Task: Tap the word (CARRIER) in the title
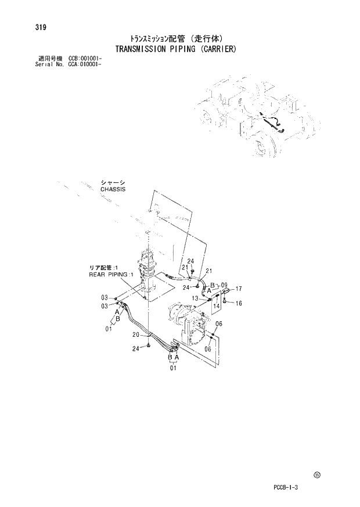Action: point(217,49)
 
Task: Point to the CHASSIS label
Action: point(113,189)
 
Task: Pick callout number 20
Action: point(135,335)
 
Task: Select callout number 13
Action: point(196,299)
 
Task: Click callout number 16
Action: point(238,303)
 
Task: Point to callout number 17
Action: point(238,289)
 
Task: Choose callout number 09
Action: point(224,285)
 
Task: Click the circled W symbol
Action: point(316,475)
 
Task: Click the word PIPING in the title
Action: point(185,49)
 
